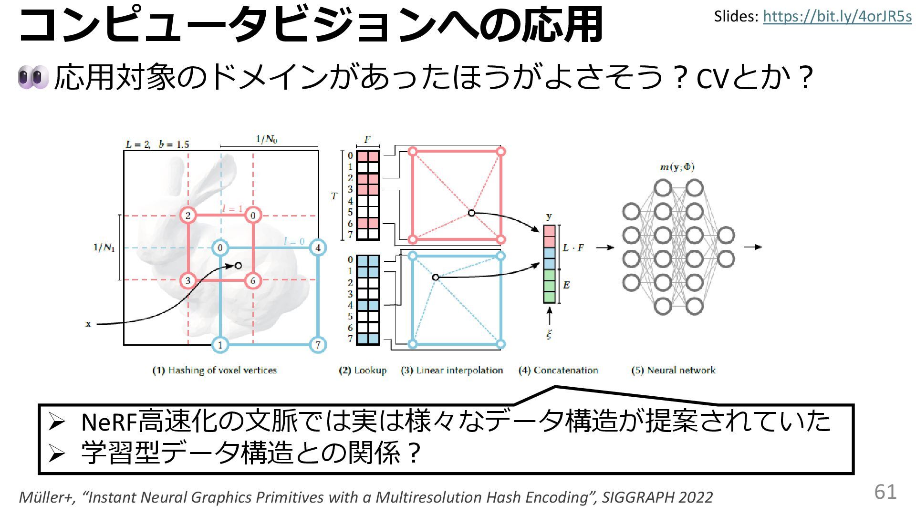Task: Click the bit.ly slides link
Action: pos(837,17)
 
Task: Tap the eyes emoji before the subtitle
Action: pos(33,77)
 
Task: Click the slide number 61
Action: pos(885,492)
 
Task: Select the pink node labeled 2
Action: pos(188,216)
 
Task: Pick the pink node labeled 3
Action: pos(188,280)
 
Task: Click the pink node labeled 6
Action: pos(253,280)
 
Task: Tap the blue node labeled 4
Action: pos(318,248)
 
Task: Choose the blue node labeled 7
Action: pos(318,345)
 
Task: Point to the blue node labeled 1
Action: pos(220,345)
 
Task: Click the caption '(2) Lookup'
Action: pos(363,370)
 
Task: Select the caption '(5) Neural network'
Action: pos(673,370)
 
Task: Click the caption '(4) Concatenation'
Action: pos(558,370)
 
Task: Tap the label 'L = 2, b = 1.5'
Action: pos(157,144)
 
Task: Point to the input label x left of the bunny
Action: pos(88,324)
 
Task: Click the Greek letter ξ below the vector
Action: pos(549,334)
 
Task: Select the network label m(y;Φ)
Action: pos(677,167)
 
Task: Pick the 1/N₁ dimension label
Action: pos(104,247)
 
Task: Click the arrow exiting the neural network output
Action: pos(753,247)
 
